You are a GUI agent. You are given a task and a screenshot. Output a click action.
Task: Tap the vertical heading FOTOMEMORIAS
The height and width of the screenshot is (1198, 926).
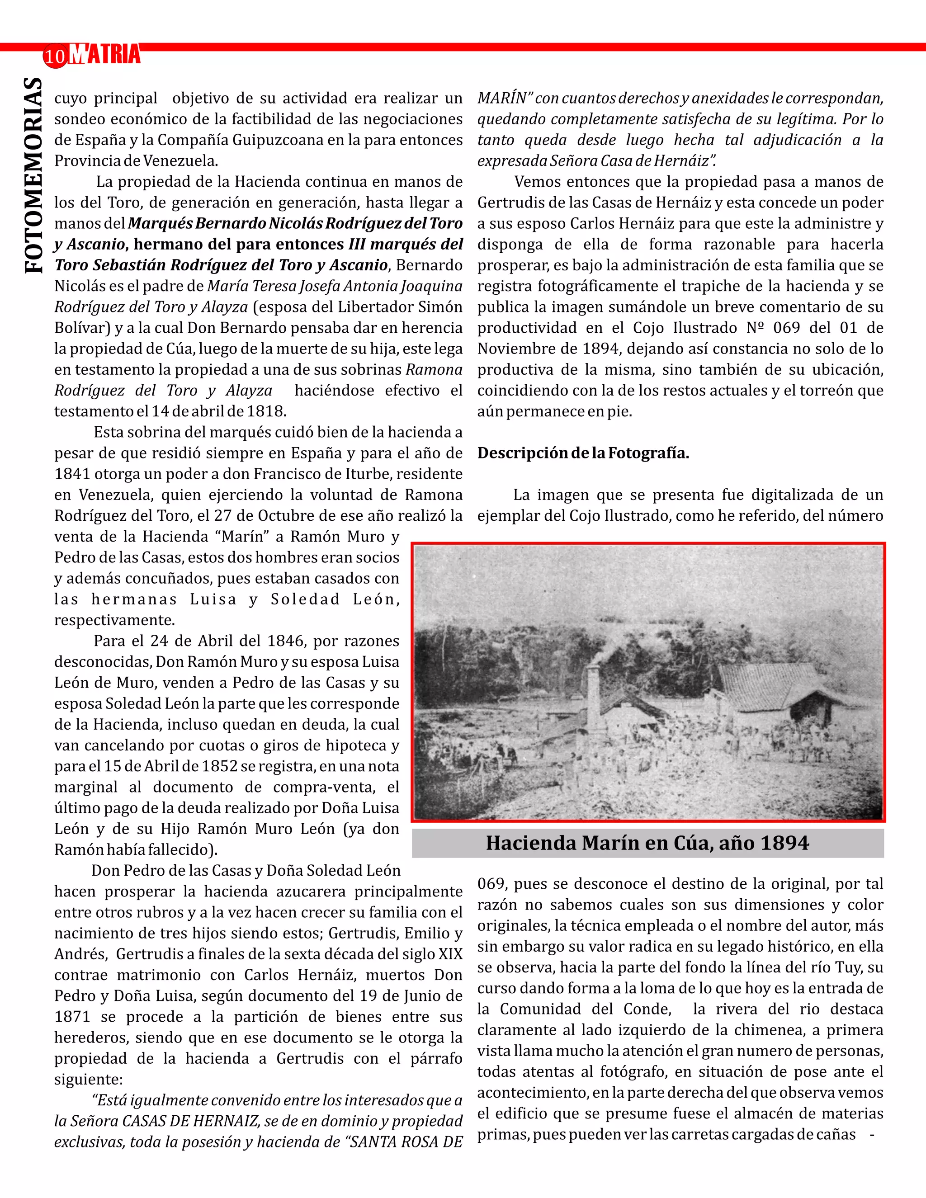point(34,175)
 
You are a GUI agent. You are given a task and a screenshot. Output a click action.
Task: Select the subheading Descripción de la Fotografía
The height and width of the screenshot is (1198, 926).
point(582,453)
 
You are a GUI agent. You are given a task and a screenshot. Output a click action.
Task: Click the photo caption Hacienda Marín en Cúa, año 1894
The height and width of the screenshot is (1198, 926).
point(647,843)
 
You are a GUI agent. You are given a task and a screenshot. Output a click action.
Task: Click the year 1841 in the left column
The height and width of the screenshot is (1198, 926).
point(72,474)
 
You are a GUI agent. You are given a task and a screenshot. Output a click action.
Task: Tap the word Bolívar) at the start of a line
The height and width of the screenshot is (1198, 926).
point(82,328)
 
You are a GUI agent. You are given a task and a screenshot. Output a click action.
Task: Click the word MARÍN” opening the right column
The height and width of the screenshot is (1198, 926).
point(504,98)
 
